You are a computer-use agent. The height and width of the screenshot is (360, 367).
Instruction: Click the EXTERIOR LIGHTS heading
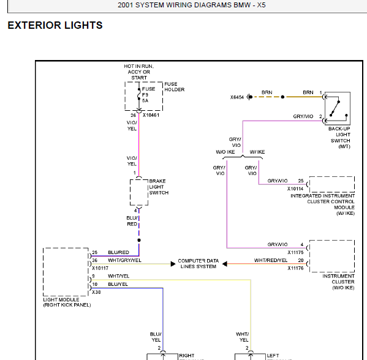[x=55, y=25]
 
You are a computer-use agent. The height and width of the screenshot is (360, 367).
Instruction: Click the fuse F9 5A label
[x=148, y=95]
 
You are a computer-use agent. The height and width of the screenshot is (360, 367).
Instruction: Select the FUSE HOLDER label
[x=175, y=87]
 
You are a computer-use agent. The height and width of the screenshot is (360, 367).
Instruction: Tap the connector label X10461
[x=151, y=115]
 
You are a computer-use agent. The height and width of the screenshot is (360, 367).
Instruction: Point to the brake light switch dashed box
[x=130, y=192]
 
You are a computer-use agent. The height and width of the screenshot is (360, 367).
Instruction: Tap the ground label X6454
[x=237, y=97]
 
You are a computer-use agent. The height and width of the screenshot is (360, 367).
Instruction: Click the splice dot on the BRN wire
[x=282, y=97]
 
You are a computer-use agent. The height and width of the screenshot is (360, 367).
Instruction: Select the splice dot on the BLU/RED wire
[x=139, y=240]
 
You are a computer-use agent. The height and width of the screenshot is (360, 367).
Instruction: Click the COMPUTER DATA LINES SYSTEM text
[x=199, y=264]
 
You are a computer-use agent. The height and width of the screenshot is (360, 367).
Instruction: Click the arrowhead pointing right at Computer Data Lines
[x=173, y=264]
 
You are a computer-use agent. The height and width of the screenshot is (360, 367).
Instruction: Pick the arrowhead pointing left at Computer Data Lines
[x=225, y=264]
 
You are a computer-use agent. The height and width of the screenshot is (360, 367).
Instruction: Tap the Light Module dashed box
[x=44, y=272]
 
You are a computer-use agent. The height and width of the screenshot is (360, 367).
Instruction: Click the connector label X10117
[x=100, y=268]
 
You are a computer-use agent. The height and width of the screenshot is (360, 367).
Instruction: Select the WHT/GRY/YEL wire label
[x=124, y=260]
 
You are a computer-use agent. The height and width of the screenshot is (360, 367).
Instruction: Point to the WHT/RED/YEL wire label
[x=271, y=260]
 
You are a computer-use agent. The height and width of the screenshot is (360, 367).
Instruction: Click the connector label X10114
[x=295, y=189]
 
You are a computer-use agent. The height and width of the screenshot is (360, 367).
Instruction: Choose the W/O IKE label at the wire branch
[x=225, y=152]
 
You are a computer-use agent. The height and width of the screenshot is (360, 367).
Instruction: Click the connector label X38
[x=96, y=292]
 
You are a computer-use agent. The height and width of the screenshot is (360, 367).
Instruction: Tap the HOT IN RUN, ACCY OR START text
[x=139, y=72]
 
